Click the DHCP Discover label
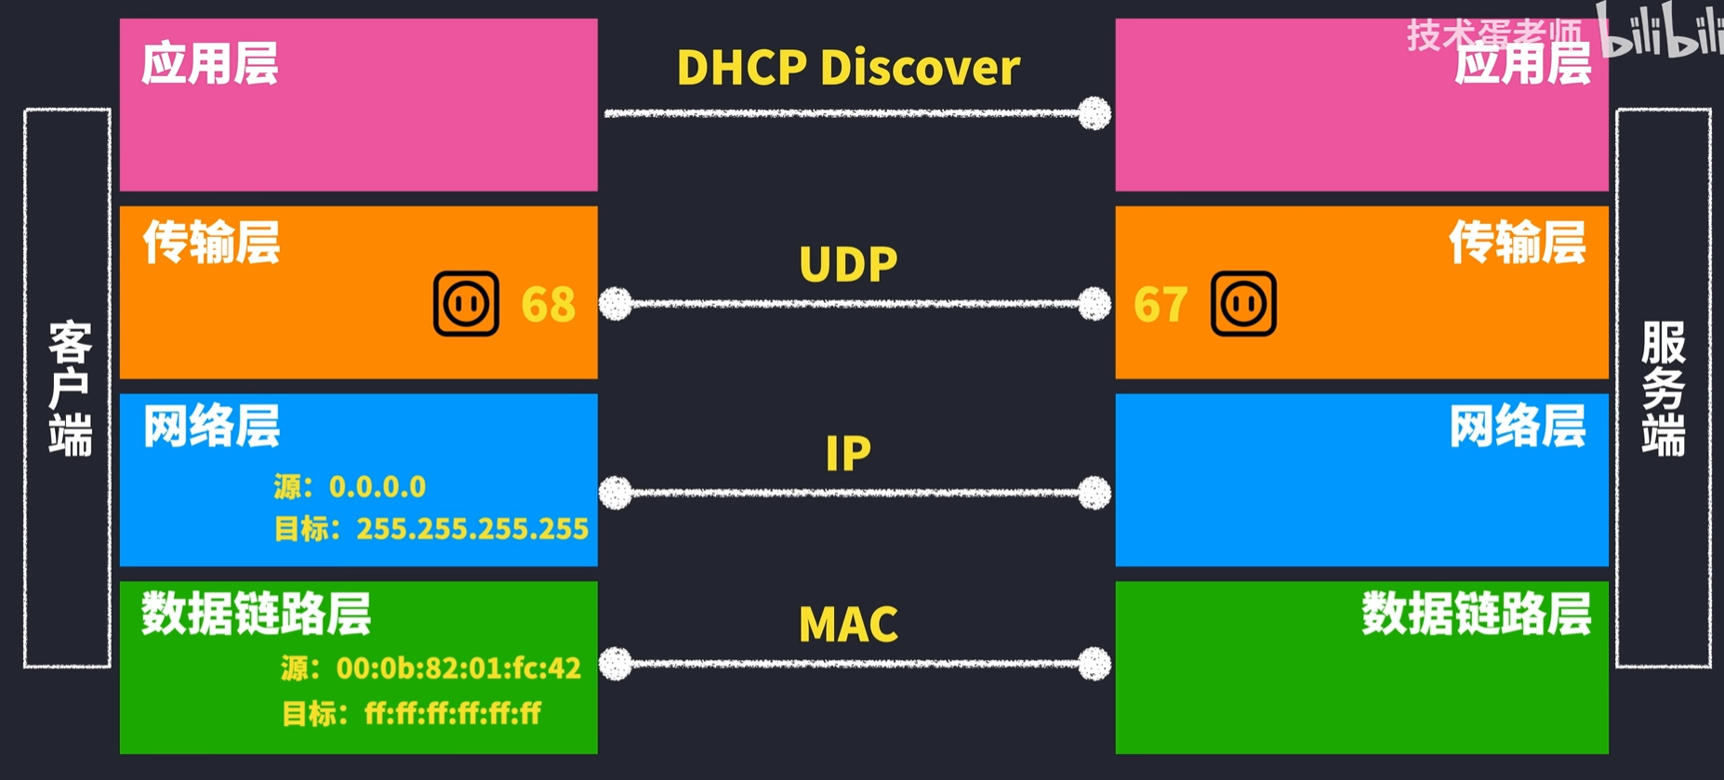point(848,68)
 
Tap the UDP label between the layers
point(848,264)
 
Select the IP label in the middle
point(848,454)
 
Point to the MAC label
point(848,625)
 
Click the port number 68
point(549,304)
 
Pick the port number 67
point(1160,304)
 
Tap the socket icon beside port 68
point(466,304)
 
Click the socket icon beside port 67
point(1243,304)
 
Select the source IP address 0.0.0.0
point(378,486)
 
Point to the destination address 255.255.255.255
point(472,529)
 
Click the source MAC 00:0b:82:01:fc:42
point(458,668)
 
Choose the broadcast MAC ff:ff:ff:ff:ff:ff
point(453,713)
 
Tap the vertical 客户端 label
point(70,389)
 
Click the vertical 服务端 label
point(1663,389)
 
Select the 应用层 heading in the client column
point(210,64)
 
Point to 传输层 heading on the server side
point(1518,243)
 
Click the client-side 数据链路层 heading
point(257,614)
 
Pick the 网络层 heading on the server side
point(1518,427)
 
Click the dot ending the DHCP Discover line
point(1094,113)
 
